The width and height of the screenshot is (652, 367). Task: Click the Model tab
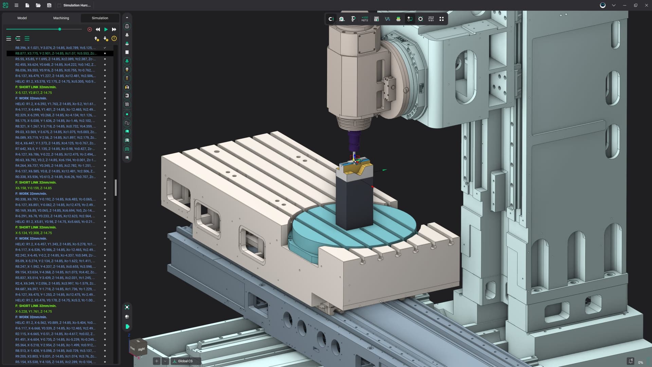pyautogui.click(x=22, y=18)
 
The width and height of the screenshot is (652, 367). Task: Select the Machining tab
pyautogui.click(x=61, y=18)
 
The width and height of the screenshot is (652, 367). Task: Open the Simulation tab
pyautogui.click(x=100, y=18)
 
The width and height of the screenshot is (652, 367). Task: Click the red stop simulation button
pyautogui.click(x=90, y=30)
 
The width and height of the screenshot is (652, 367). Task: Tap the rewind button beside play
pyautogui.click(x=98, y=30)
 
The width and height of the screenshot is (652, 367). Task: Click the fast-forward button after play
pyautogui.click(x=114, y=30)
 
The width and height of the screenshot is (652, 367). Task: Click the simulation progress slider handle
pyautogui.click(x=60, y=30)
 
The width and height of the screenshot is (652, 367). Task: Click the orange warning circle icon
pyautogui.click(x=114, y=39)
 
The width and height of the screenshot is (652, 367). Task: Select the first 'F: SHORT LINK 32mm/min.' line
pyautogui.click(x=36, y=87)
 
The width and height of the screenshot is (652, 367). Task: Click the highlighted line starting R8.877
pyautogui.click(x=56, y=53)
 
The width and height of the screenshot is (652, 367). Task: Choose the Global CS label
pyautogui.click(x=185, y=361)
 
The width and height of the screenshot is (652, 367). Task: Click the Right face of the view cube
pyautogui.click(x=142, y=349)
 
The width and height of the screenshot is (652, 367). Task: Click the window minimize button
pyautogui.click(x=624, y=5)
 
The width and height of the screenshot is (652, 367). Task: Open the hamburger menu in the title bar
pyautogui.click(x=16, y=5)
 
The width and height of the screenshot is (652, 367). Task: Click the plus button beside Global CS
pyautogui.click(x=157, y=361)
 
